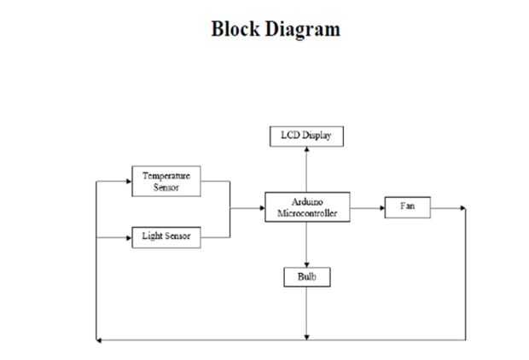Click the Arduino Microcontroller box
[x=306, y=207]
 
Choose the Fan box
[x=406, y=207]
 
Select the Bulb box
[x=306, y=277]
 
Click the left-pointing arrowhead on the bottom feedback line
[x=99, y=340]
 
